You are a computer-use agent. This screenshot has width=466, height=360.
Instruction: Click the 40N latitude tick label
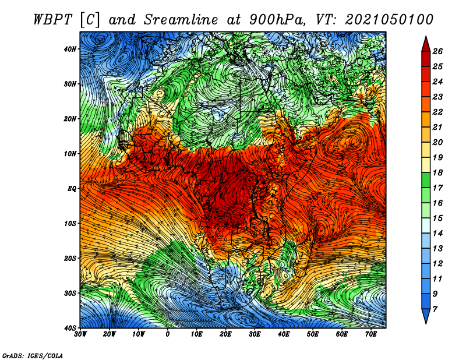pos(70,49)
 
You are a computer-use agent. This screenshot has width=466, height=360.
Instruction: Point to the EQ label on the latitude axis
pos(72,189)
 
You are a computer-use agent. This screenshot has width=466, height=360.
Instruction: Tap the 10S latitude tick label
pos(70,224)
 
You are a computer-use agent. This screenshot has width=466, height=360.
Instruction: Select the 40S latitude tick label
pos(70,328)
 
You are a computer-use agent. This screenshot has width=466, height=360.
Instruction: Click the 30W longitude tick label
pos(80,334)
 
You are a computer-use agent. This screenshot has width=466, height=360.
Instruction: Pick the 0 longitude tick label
pos(168,334)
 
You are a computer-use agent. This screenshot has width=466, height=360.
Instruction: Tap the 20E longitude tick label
pos(225,334)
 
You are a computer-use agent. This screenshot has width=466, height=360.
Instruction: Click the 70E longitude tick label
pos(371,334)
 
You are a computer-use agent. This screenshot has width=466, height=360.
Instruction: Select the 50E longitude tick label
pos(313,334)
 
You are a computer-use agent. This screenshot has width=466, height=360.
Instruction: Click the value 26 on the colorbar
pos(437,51)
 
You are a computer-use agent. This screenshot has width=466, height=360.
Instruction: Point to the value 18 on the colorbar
pos(437,172)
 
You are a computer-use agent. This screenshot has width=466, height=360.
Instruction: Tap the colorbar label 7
pos(435,309)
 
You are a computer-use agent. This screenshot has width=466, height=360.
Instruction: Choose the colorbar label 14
pos(437,234)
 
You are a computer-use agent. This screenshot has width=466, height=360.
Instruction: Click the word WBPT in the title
pos(53,20)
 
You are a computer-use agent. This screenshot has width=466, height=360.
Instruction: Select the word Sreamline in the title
pos(181,20)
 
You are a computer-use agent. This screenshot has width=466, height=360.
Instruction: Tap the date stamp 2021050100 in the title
pos(389,20)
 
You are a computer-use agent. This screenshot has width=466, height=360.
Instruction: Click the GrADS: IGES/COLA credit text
pos(33,355)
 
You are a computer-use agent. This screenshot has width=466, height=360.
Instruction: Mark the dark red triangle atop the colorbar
pos(426,44)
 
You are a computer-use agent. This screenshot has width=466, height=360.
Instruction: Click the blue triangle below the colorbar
pos(426,316)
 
